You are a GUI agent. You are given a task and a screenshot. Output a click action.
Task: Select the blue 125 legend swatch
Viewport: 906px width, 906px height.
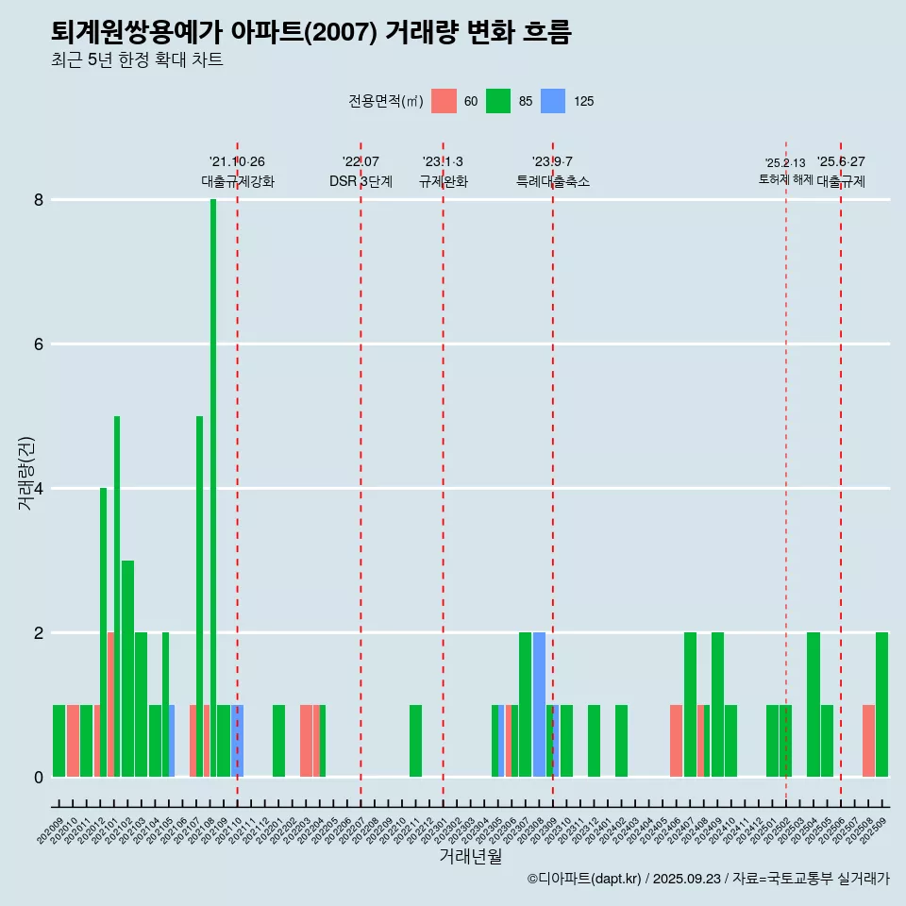[x=553, y=101]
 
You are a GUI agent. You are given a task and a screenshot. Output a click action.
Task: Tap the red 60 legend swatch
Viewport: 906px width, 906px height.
[x=444, y=101]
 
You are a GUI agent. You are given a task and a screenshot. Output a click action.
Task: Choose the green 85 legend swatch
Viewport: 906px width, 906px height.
[x=498, y=101]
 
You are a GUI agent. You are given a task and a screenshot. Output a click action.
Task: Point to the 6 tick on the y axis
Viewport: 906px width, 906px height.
[x=39, y=344]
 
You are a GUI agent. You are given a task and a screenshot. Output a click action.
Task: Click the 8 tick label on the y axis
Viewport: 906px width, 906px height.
[x=39, y=200]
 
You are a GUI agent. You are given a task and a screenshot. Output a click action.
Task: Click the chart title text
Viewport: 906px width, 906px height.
[x=311, y=32]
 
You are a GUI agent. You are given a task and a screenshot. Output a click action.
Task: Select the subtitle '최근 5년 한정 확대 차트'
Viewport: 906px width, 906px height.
[x=138, y=60]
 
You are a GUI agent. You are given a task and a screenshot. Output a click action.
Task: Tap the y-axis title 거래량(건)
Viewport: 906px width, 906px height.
[x=26, y=473]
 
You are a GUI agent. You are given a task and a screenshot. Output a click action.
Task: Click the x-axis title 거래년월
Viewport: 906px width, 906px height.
[x=470, y=857]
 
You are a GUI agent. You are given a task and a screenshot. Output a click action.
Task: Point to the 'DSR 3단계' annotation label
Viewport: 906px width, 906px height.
[x=361, y=181]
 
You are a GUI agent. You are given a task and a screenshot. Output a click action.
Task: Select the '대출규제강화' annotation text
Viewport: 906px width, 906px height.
[x=238, y=181]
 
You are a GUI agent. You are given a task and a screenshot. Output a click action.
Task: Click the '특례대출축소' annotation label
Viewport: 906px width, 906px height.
[x=553, y=181]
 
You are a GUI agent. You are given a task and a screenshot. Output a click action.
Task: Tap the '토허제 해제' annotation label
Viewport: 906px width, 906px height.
[x=785, y=179]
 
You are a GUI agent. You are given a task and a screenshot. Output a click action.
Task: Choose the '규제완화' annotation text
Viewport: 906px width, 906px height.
[x=444, y=181]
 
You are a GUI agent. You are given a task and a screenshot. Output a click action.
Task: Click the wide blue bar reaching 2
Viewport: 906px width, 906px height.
[x=539, y=704]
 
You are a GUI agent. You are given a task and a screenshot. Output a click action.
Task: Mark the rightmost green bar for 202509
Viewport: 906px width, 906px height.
[x=881, y=704]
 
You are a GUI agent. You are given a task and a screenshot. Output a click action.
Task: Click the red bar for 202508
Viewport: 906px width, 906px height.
[x=868, y=741]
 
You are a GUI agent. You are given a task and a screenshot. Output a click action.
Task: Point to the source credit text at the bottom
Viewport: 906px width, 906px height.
[x=708, y=879]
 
